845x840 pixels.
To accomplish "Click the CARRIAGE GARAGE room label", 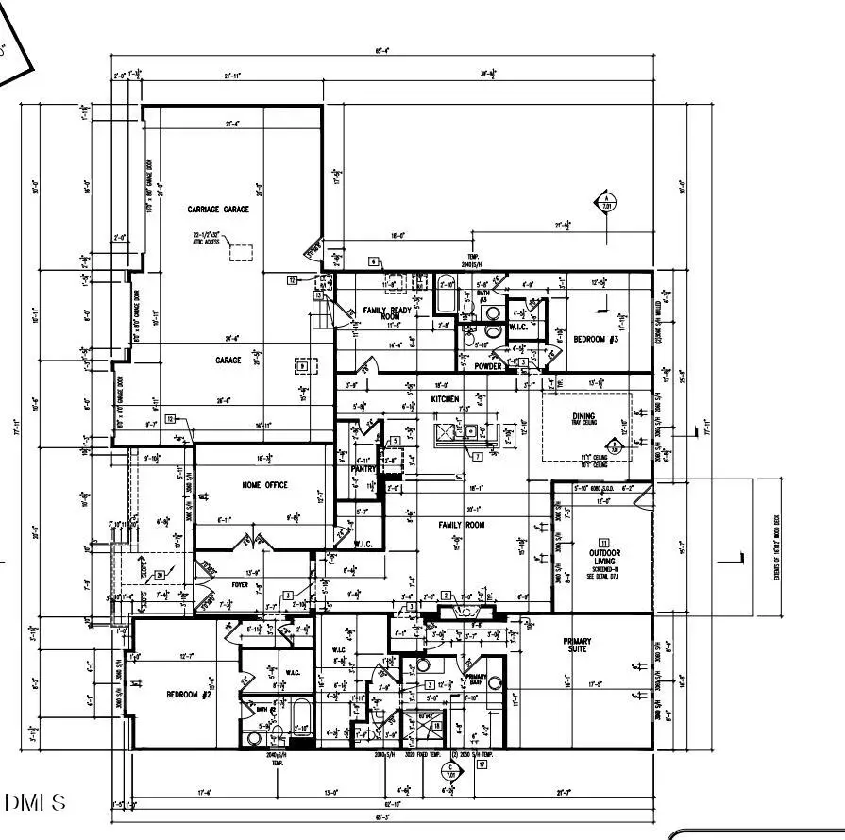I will (218, 210).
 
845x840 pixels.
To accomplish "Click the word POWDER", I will (488, 366).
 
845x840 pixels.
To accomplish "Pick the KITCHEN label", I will (446, 399).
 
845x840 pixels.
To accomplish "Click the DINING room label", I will (583, 415).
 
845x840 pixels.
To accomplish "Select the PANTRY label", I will (363, 468).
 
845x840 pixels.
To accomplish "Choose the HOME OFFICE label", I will (264, 485).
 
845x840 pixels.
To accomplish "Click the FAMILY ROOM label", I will (461, 524).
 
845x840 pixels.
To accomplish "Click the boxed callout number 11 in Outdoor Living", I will (604, 542).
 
